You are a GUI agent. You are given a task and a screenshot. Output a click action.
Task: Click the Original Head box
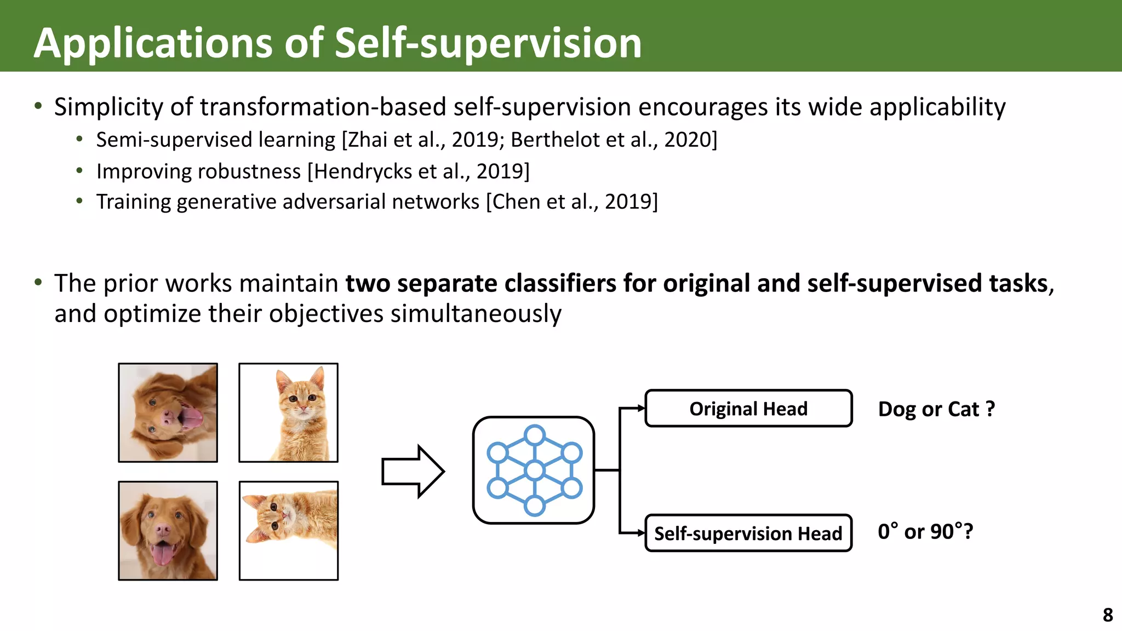click(x=748, y=409)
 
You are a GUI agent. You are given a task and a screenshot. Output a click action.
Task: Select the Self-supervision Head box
click(x=748, y=533)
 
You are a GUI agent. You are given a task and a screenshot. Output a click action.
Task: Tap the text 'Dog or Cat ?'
click(x=936, y=409)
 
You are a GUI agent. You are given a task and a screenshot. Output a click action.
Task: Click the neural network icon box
click(x=534, y=470)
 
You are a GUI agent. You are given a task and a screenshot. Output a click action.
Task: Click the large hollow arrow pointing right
click(x=413, y=471)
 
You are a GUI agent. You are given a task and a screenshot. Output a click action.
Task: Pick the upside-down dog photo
click(x=168, y=412)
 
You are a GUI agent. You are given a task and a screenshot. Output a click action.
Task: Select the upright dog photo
click(x=168, y=531)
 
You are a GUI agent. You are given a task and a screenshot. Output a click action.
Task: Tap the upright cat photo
click(x=289, y=412)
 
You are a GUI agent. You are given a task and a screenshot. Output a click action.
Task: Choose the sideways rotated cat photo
click(x=289, y=531)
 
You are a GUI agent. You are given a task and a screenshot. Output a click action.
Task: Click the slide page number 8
click(x=1108, y=615)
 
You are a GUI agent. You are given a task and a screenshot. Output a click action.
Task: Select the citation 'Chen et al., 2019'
click(x=572, y=202)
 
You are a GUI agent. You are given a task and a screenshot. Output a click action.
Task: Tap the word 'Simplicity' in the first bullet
click(x=108, y=107)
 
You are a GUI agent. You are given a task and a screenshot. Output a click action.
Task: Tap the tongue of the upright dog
click(x=161, y=554)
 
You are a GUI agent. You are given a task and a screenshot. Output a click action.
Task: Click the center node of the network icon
click(x=534, y=470)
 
